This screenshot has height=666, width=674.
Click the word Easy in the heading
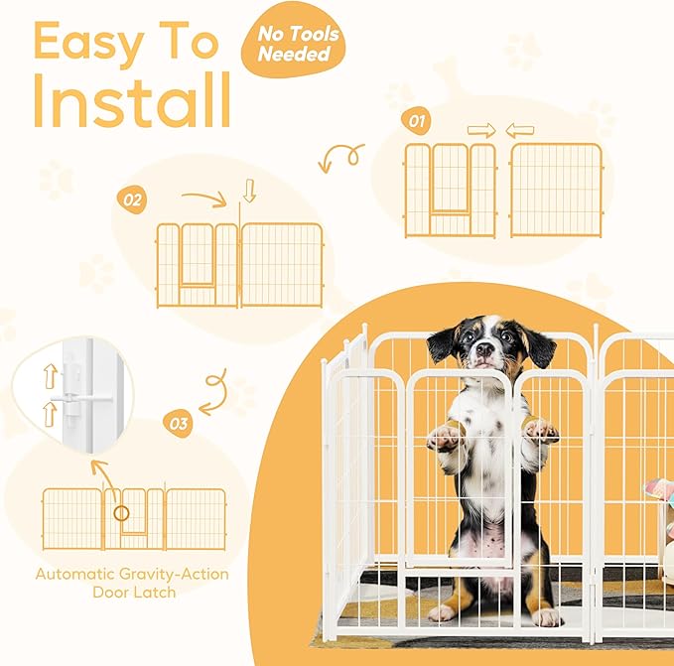tap(83, 41)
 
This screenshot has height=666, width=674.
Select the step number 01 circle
tap(418, 122)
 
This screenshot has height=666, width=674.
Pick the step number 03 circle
tap(180, 425)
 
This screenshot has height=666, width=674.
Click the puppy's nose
tap(484, 349)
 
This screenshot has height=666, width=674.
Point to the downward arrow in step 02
tap(249, 193)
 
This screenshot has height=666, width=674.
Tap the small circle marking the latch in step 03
tap(122, 514)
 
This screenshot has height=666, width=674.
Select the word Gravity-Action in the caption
tap(166, 574)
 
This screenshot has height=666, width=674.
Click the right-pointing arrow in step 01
tap(480, 130)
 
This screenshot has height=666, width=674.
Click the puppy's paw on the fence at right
tap(541, 430)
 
